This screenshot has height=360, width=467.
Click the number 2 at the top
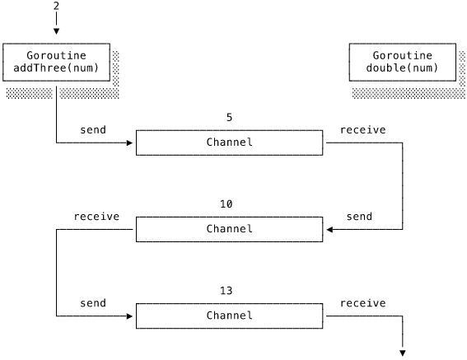point(56,6)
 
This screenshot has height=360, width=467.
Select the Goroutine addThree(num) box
point(56,62)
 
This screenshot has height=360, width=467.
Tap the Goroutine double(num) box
point(403,62)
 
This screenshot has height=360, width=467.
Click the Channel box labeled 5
point(229,143)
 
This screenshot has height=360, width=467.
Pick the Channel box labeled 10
point(229,229)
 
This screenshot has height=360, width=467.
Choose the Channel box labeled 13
point(229,316)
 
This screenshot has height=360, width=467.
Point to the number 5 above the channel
point(229,118)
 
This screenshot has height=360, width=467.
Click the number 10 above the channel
point(226,204)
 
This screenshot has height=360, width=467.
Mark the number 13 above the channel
point(226,291)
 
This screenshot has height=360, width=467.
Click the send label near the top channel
point(93,130)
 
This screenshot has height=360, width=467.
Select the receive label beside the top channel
point(362,130)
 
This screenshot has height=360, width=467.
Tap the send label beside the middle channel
point(359,217)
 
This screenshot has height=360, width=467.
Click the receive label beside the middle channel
point(96,217)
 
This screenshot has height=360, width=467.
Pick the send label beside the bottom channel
point(93,303)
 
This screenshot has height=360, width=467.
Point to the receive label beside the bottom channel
point(362,303)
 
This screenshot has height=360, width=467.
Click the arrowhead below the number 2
point(56,31)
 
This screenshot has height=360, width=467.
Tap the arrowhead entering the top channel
point(129,143)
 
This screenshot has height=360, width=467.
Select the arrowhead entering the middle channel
point(329,230)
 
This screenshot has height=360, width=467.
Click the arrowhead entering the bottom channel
point(129,316)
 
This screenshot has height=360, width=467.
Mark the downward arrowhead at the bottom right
point(403,353)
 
